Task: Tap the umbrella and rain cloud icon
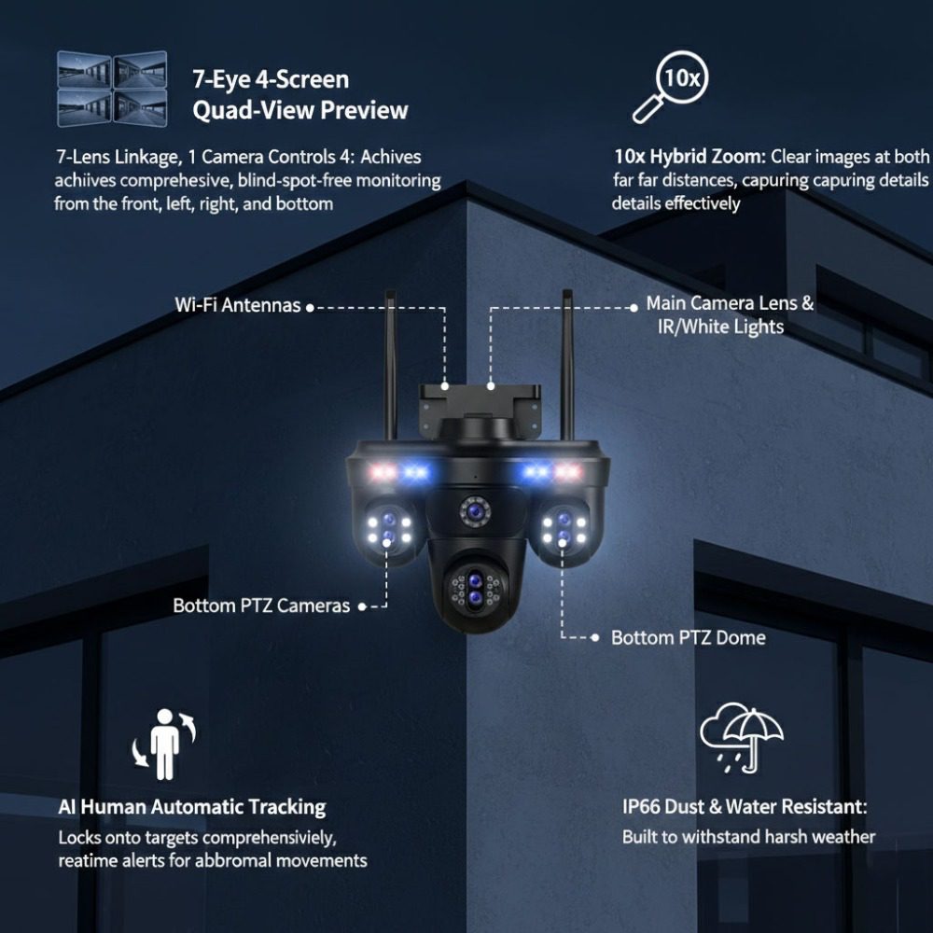[x=742, y=737]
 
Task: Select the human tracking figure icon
[x=164, y=744]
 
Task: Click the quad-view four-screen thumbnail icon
[x=112, y=89]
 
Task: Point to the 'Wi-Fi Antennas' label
[x=237, y=305]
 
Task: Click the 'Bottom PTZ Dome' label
[x=688, y=637]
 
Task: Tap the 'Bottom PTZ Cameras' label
[x=261, y=606]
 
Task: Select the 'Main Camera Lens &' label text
[x=730, y=303]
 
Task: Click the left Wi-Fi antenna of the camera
[x=390, y=364]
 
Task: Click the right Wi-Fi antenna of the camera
[x=567, y=364]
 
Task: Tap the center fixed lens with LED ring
[x=474, y=511]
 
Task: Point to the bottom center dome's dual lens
[x=474, y=589]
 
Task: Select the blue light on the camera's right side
[x=536, y=472]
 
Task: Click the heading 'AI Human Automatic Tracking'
[x=192, y=807]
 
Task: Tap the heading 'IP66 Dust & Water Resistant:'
[x=745, y=806]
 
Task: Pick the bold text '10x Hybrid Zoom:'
[x=689, y=157]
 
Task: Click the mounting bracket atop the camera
[x=480, y=407]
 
